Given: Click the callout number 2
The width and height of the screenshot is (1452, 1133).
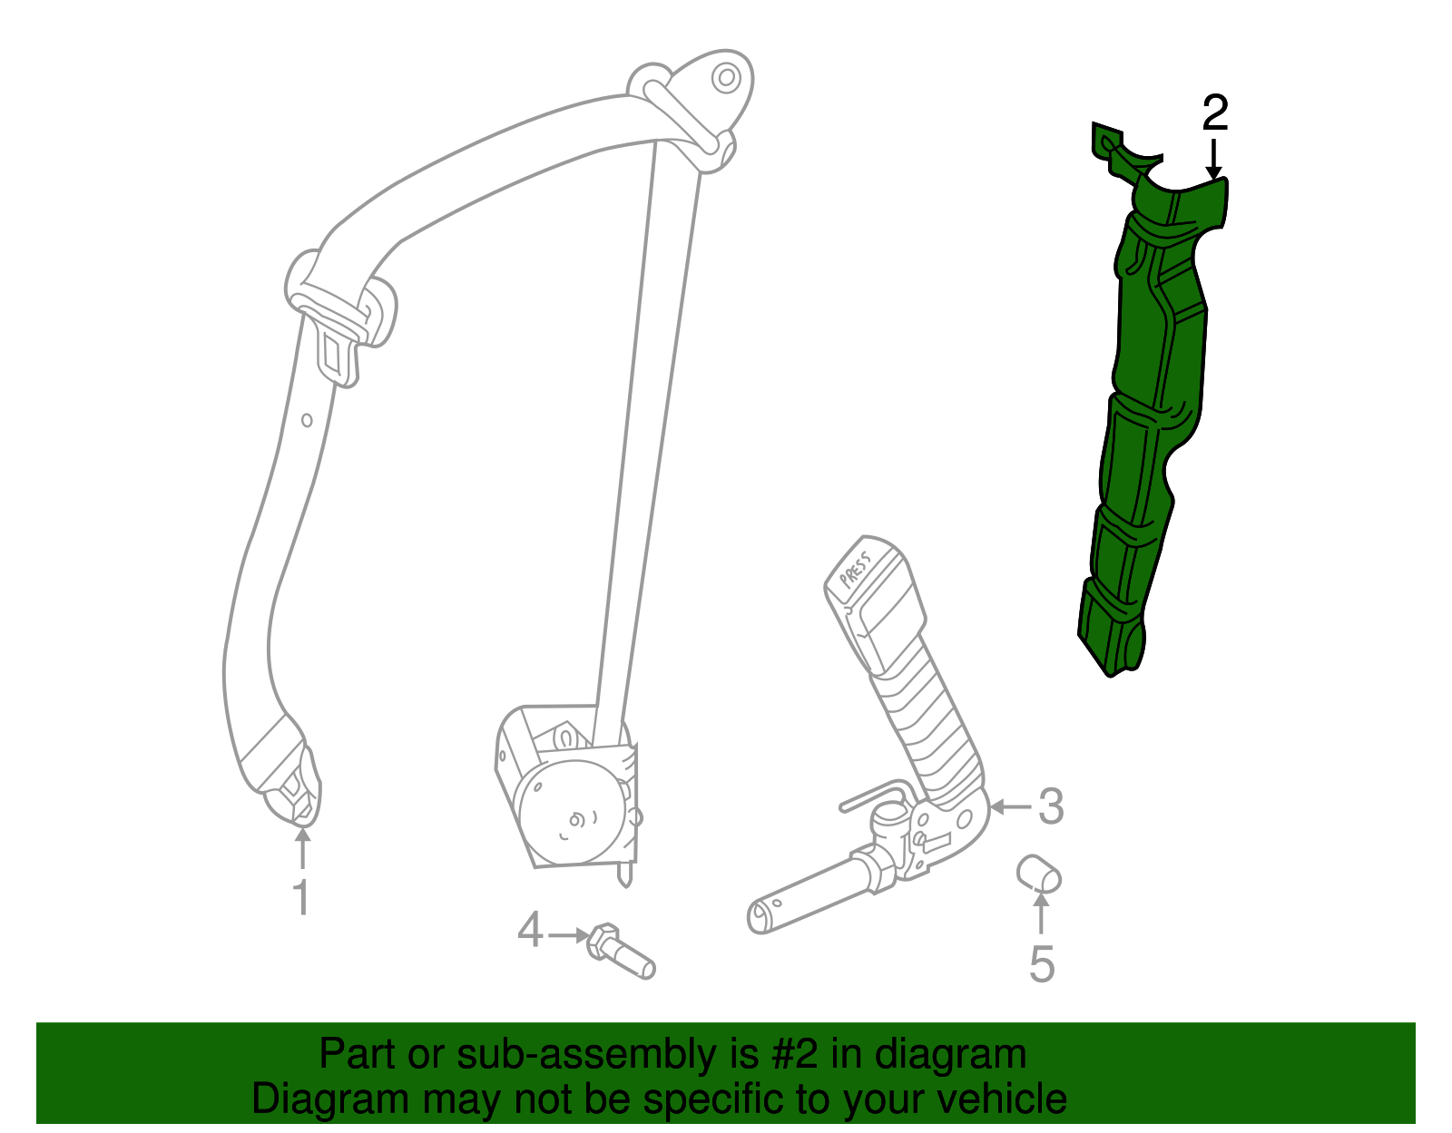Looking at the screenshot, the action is tap(1215, 112).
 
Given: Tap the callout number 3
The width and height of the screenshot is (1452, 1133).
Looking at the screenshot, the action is tap(1050, 806).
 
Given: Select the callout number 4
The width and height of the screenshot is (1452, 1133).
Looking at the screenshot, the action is tap(530, 930).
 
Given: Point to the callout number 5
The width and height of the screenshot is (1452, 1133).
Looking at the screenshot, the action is tap(1042, 964).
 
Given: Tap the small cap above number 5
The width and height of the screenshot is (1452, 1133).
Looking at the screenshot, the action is tap(1038, 874).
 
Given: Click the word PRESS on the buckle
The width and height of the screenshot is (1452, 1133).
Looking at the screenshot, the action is tap(856, 569).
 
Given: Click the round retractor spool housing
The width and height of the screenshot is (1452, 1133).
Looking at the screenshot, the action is tap(573, 810).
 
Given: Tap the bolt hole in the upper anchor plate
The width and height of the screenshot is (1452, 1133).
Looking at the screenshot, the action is tap(726, 78).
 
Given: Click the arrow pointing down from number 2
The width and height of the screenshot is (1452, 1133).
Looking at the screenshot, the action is tap(1213, 159).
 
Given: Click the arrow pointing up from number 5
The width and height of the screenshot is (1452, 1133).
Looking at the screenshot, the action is tap(1041, 913).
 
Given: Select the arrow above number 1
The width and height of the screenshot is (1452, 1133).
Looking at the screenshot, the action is tap(303, 848).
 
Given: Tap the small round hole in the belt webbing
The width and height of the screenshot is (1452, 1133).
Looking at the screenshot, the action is tap(307, 420).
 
